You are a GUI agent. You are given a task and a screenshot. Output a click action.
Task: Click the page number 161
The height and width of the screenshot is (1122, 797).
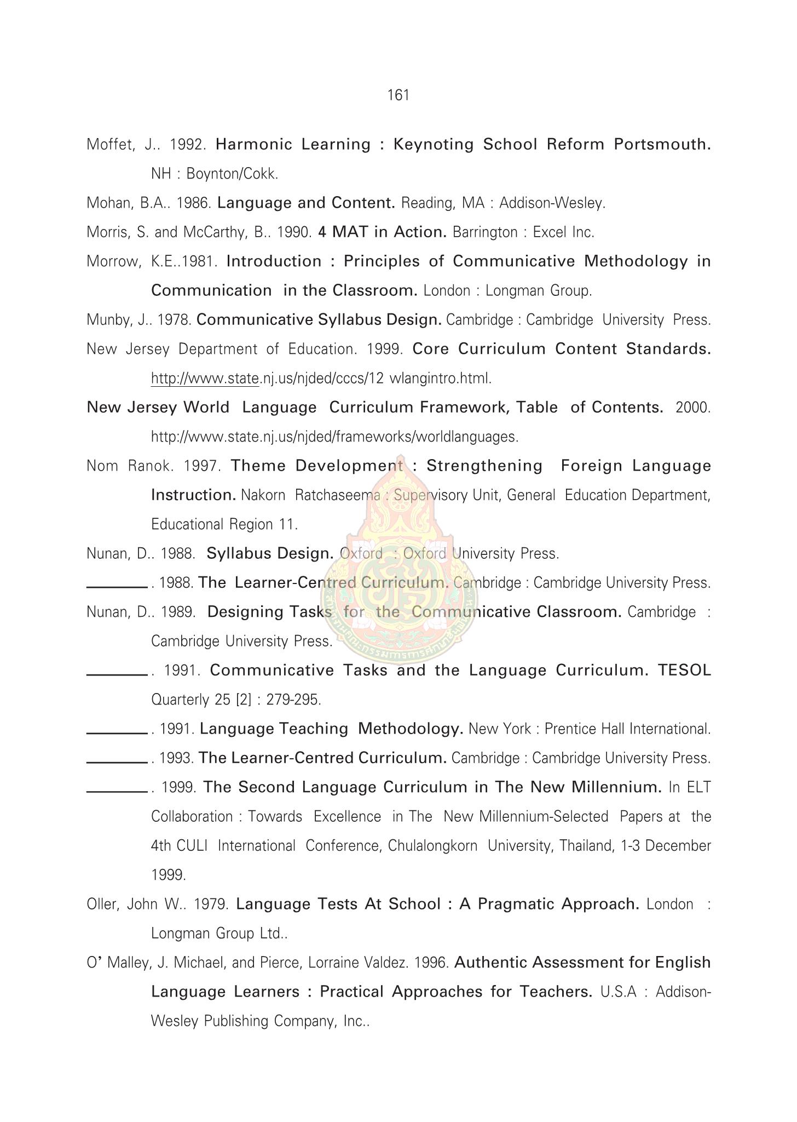click(398, 96)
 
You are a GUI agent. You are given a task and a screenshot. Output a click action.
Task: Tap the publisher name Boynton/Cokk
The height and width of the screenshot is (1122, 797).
click(232, 174)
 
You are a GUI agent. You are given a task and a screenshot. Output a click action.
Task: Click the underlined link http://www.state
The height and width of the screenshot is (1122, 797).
click(205, 379)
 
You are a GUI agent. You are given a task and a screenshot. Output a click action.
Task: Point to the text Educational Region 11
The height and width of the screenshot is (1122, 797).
click(224, 525)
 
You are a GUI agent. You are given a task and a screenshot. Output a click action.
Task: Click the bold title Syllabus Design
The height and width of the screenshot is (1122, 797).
click(270, 554)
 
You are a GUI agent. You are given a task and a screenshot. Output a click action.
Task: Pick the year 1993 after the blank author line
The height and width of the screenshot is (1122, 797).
click(177, 758)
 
